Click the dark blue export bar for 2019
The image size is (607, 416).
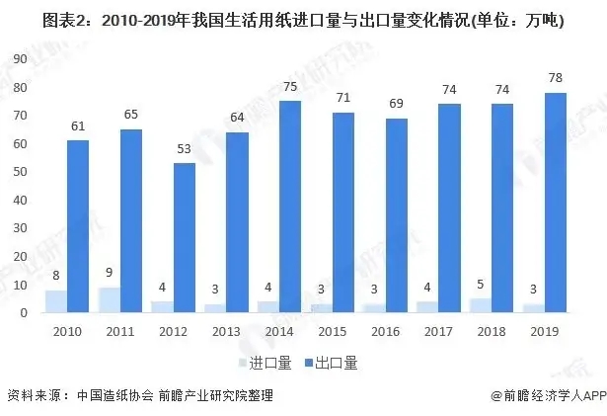[556, 203]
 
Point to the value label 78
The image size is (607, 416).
[555, 78]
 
